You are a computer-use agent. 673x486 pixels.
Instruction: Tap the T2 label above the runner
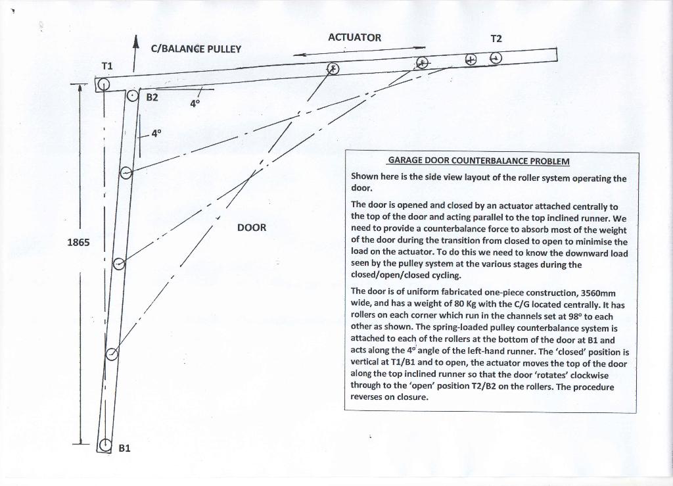[496, 39]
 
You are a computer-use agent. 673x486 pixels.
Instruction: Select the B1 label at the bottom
[124, 448]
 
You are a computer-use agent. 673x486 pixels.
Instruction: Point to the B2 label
[152, 97]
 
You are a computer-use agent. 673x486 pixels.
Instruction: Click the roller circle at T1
[103, 84]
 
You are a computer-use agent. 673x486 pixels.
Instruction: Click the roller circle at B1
[104, 446]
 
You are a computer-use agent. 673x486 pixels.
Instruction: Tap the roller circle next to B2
[133, 96]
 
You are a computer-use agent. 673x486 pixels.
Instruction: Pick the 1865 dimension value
[78, 242]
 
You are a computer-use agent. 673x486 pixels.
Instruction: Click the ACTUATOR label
[354, 37]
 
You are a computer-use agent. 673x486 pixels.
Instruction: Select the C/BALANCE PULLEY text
[196, 49]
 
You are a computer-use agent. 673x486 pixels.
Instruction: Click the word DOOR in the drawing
[252, 228]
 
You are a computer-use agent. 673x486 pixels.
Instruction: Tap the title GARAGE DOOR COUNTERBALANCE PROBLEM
[478, 161]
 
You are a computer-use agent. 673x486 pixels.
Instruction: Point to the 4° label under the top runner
[195, 103]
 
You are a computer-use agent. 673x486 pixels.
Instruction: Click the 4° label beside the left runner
[156, 133]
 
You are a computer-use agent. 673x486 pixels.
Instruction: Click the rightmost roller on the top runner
[496, 59]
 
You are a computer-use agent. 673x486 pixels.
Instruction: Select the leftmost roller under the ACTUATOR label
[333, 68]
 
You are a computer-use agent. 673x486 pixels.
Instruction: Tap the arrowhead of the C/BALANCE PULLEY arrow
[135, 41]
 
